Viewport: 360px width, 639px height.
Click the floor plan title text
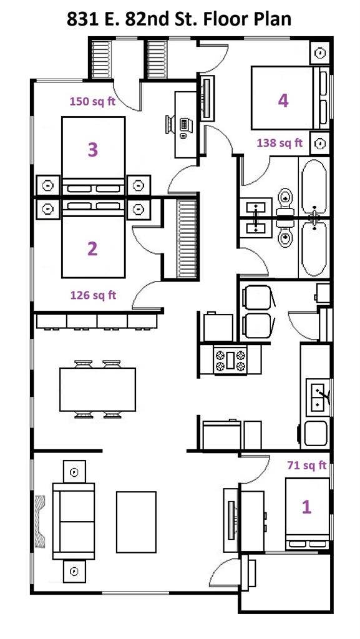pos(180,18)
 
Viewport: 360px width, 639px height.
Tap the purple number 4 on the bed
pos(283,100)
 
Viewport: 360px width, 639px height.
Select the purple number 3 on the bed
pos(92,150)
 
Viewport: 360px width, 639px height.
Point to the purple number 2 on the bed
pos(92,249)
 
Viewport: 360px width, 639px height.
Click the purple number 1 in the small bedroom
pos(306,507)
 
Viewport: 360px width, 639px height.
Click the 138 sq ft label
pos(280,143)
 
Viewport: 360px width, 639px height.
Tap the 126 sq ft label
pos(92,295)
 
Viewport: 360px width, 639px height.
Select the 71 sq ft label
pos(306,465)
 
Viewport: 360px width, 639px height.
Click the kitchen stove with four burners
pos(230,360)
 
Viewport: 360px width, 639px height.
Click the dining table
pos(98,389)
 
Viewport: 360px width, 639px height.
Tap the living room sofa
pos(74,521)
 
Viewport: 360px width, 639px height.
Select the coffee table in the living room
pos(136,522)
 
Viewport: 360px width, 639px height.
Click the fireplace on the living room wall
pos(41,522)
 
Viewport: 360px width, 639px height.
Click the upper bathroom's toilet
pos(286,199)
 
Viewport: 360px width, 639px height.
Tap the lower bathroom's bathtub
pos(314,248)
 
